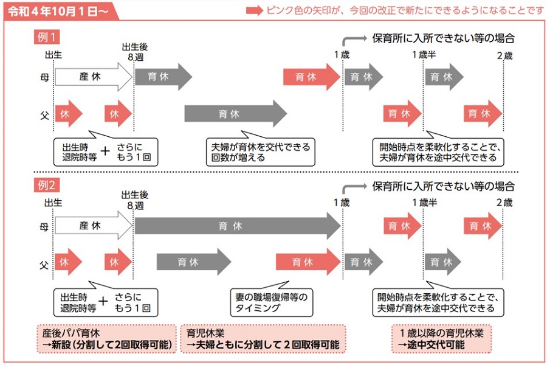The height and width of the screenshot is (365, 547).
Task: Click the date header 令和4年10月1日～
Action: click(x=58, y=11)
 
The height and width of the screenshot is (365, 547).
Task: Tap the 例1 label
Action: click(x=46, y=36)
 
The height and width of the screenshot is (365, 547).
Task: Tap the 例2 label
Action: click(x=46, y=185)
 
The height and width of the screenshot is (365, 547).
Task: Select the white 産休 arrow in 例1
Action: click(x=94, y=77)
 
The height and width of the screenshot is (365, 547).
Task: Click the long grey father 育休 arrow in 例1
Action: click(x=235, y=114)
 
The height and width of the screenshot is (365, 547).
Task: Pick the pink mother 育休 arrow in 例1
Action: click(x=312, y=77)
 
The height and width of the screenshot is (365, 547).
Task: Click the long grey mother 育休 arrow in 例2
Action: click(x=238, y=226)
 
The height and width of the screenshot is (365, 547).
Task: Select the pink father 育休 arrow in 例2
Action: click(x=308, y=262)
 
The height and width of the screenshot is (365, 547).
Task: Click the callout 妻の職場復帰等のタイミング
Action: click(x=272, y=300)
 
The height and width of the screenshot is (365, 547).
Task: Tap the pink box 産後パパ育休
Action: click(x=107, y=339)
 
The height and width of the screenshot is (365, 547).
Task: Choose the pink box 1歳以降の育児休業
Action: click(x=441, y=339)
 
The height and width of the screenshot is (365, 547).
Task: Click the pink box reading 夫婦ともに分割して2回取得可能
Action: click(x=263, y=339)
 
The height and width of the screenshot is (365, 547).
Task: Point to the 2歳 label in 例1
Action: click(x=505, y=55)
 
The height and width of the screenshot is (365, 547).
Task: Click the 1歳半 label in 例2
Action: click(x=425, y=203)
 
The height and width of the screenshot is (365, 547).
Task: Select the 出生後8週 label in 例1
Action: click(x=135, y=52)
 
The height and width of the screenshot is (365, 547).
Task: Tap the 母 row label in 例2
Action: click(x=44, y=227)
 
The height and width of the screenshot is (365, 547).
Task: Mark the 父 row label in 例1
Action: click(x=44, y=115)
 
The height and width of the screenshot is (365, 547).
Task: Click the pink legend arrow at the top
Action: click(x=254, y=10)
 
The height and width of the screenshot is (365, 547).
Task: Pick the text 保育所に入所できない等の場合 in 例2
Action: click(x=444, y=187)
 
